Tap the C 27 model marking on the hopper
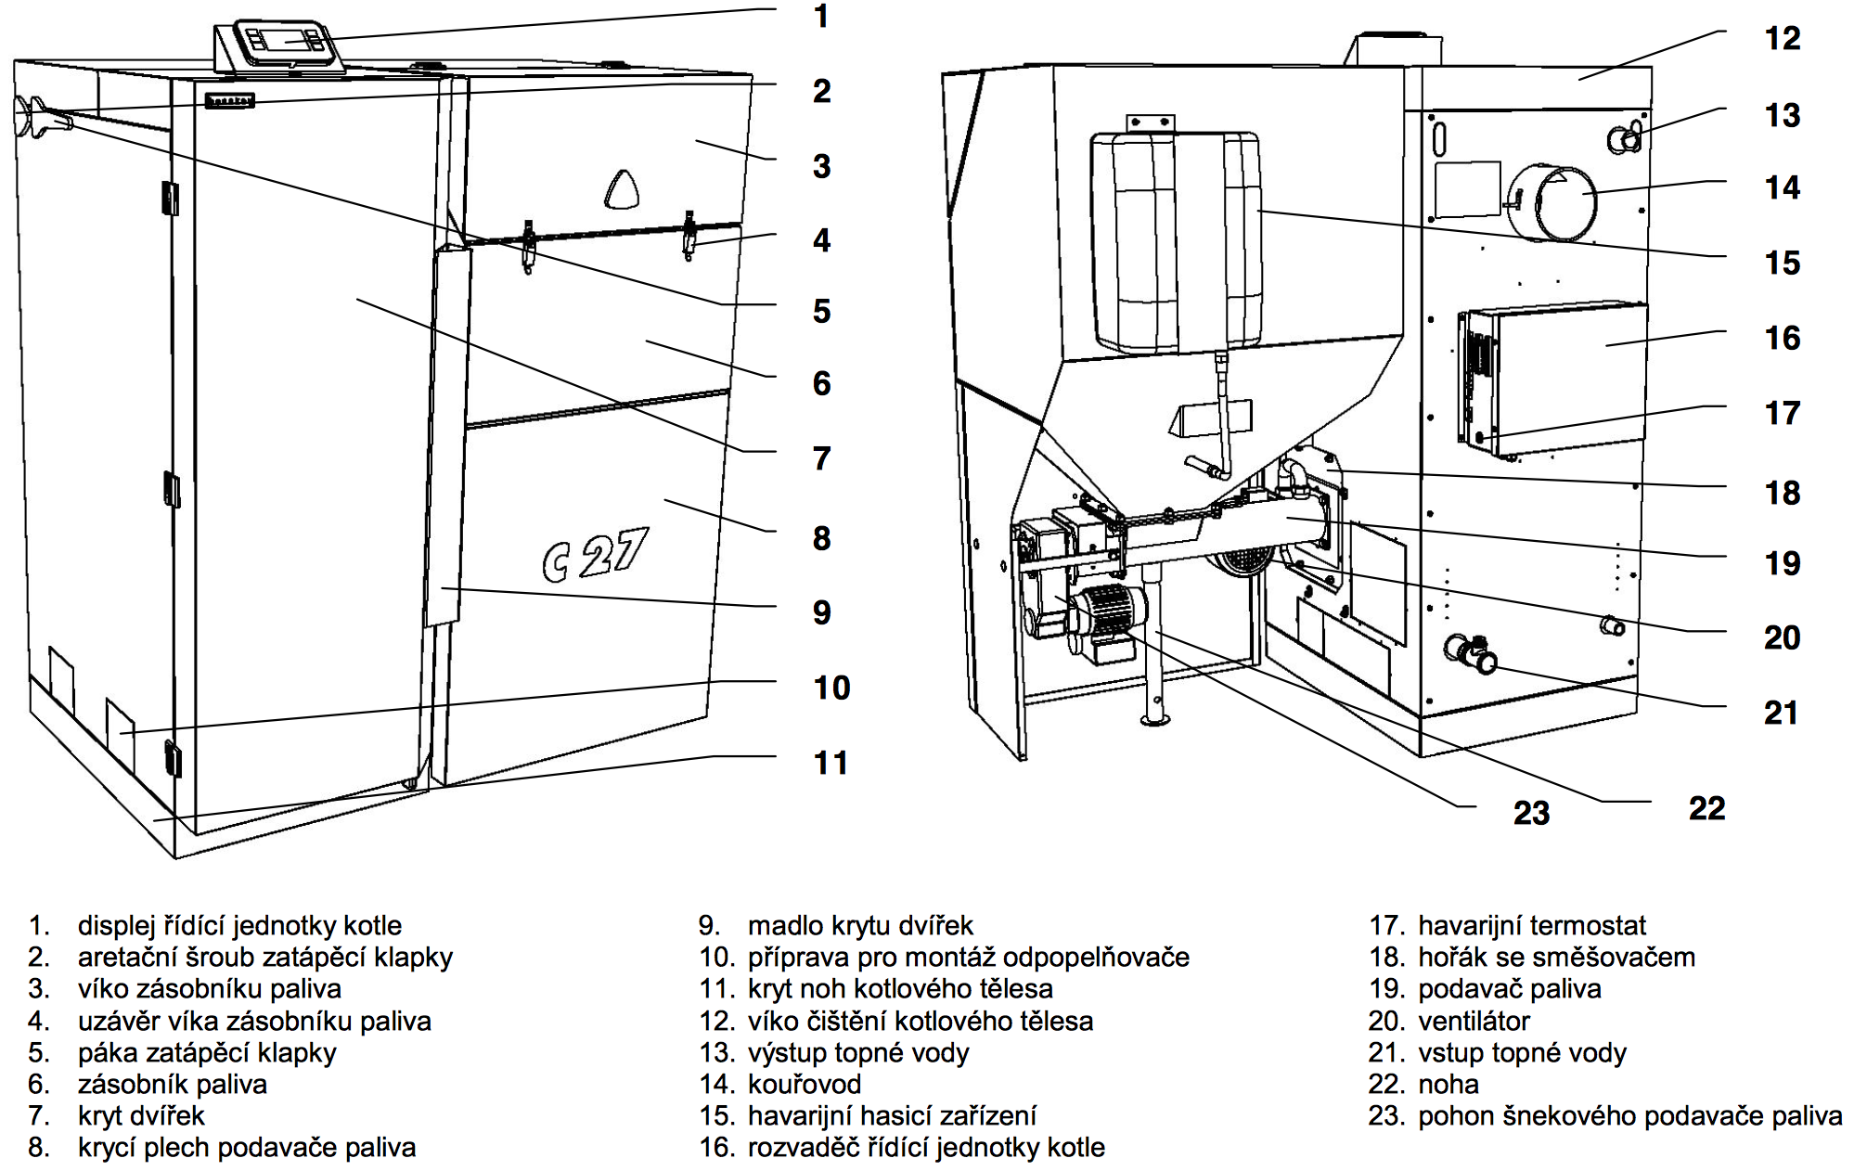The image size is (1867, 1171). pos(595,554)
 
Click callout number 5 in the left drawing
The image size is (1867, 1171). pos(821,312)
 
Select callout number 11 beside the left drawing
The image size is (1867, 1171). pos(830,764)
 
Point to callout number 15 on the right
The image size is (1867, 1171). pos(1783,264)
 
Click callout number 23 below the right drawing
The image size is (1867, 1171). pos(1531,814)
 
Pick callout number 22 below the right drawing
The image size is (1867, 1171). pos(1706,809)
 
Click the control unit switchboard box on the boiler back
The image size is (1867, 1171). pos(1559,379)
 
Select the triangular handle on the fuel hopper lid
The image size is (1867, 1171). pos(622,190)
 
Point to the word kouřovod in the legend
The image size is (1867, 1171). pos(804,1084)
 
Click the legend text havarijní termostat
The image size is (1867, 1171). pos(1531,925)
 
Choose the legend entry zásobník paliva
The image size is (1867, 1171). pos(172,1084)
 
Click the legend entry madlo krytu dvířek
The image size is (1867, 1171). pos(859,925)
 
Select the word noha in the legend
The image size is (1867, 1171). pos(1449,1084)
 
